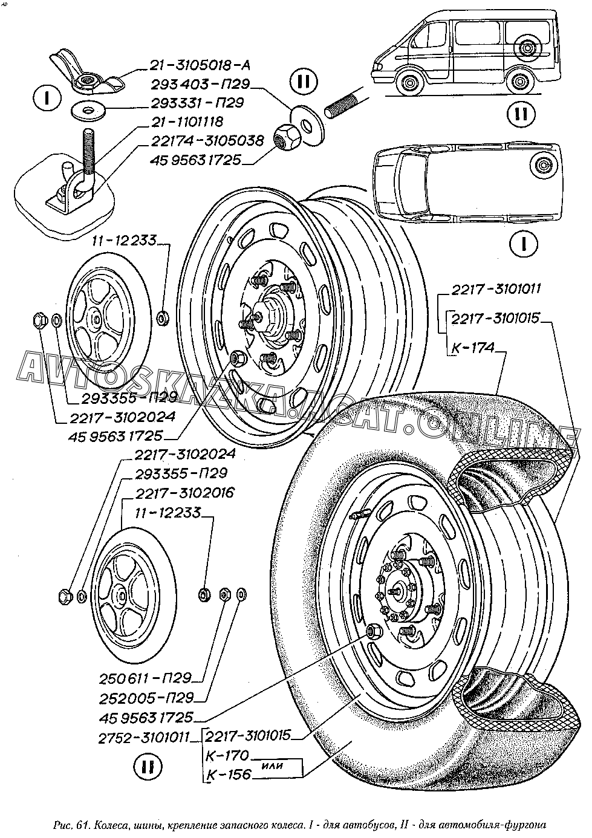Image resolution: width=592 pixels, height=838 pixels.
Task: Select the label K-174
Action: tap(473, 348)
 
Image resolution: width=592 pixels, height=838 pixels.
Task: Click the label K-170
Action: tap(227, 755)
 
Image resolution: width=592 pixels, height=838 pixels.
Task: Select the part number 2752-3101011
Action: tap(144, 736)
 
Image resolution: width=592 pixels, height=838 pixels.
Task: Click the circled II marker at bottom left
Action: tap(146, 767)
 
